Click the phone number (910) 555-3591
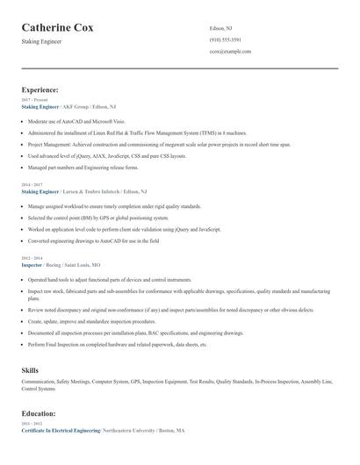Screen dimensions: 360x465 pyautogui.click(x=226, y=40)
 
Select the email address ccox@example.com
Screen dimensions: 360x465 pyautogui.click(x=230, y=52)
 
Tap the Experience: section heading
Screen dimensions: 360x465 pyautogui.click(x=40, y=89)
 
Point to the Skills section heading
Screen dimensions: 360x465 pyautogui.click(x=30, y=370)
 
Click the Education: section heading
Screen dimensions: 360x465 pyautogui.click(x=39, y=412)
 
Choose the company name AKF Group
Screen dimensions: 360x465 pyautogui.click(x=76, y=105)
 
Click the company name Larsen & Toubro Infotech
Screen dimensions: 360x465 pyautogui.click(x=93, y=190)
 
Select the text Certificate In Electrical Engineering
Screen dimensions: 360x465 pyautogui.click(x=61, y=430)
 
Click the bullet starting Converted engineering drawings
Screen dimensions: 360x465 pyautogui.click(x=93, y=240)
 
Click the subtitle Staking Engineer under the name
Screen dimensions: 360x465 pyautogui.click(x=42, y=42)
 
